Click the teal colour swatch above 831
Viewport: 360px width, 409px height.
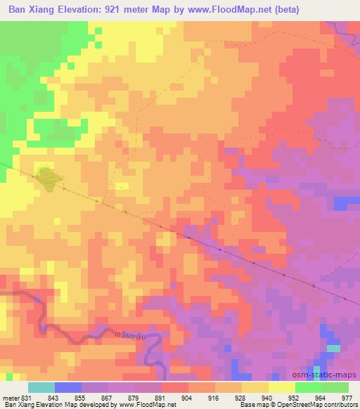(x=41, y=387)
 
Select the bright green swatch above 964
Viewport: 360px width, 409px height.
(x=309, y=387)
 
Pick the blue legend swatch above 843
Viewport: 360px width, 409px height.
(x=68, y=387)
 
